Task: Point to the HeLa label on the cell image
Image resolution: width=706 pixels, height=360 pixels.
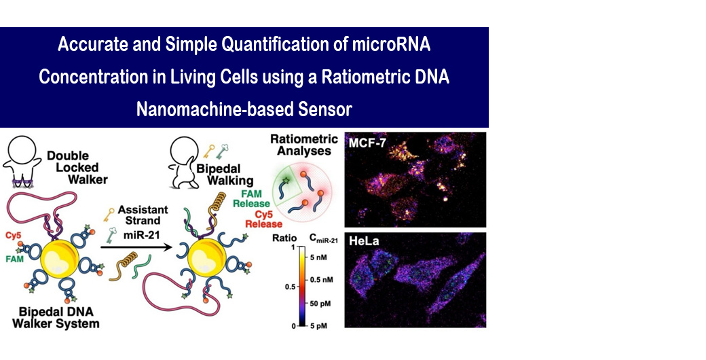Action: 364,241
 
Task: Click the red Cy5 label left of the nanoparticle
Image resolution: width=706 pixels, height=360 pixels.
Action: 13,236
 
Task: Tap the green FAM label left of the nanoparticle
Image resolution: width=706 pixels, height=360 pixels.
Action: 14,259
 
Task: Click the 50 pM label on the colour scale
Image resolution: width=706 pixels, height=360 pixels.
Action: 320,304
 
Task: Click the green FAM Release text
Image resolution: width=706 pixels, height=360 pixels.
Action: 252,199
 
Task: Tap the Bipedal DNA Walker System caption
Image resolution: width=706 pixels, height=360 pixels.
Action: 56,317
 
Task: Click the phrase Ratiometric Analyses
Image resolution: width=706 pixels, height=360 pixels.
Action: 304,145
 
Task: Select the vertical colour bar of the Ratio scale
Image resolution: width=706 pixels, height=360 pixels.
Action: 303,287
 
